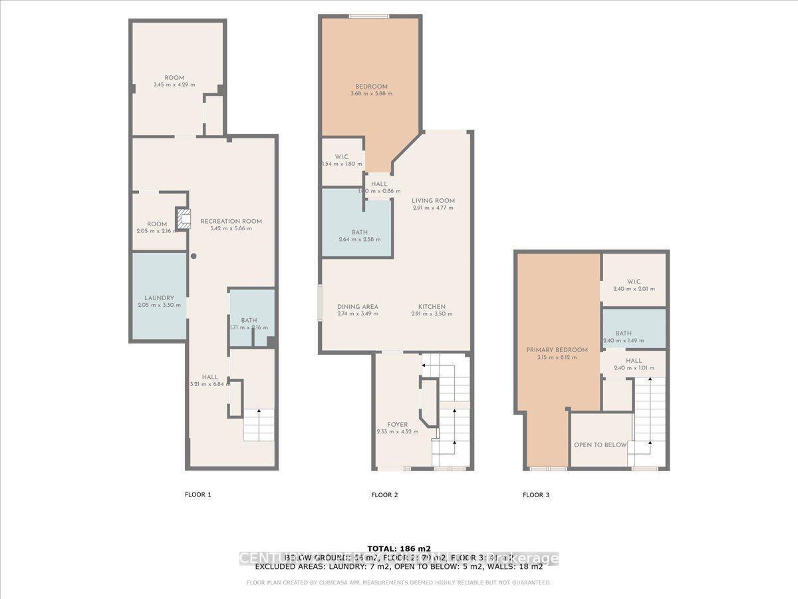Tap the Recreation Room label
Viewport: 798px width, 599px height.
point(231,221)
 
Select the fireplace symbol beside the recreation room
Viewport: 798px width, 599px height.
point(184,218)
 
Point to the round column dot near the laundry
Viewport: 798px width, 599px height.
point(194,256)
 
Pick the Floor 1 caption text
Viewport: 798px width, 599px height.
point(198,495)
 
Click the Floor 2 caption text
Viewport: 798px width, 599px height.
point(384,495)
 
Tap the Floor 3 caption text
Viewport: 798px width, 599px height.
point(536,495)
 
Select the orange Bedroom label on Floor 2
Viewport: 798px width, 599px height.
point(371,87)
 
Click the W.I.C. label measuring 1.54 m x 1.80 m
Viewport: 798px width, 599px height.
point(342,156)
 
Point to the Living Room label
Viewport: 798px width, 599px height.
point(432,200)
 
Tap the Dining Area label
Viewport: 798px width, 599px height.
point(357,307)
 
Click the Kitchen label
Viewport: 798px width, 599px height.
point(432,307)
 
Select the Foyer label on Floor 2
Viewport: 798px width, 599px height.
point(398,425)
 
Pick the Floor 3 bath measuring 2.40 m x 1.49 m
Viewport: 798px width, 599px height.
point(633,333)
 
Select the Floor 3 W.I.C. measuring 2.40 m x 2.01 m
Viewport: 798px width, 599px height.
point(633,280)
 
